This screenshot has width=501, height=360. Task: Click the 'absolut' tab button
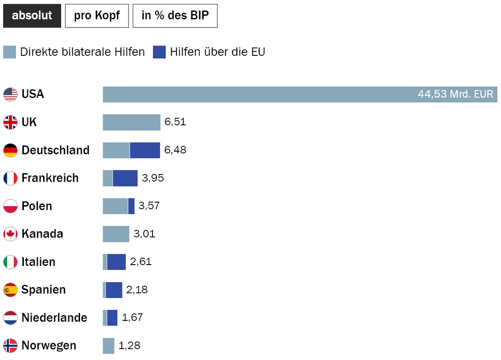[32, 16]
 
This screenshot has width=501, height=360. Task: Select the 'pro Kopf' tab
[97, 16]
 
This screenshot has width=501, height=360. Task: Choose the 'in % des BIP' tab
[175, 16]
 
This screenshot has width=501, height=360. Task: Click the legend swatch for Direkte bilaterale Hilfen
[9, 52]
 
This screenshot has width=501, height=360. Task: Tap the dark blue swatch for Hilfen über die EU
[159, 52]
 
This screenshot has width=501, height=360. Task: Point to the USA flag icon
[10, 94]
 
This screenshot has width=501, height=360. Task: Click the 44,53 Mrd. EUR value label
[455, 94]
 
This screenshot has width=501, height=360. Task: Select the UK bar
[131, 122]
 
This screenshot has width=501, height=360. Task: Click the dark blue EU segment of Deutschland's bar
[145, 150]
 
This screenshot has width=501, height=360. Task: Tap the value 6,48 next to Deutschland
[175, 150]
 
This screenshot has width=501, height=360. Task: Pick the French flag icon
[10, 178]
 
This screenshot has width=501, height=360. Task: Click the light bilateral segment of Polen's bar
[115, 206]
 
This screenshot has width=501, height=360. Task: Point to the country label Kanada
[42, 234]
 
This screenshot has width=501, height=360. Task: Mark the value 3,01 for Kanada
[144, 234]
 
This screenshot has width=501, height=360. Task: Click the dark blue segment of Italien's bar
[116, 262]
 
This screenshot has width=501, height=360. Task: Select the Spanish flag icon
[10, 290]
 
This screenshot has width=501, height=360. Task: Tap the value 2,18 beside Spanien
[137, 290]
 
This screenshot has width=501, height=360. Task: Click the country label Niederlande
[54, 318]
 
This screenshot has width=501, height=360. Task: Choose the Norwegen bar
[108, 346]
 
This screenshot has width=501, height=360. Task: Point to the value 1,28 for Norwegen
[130, 346]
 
